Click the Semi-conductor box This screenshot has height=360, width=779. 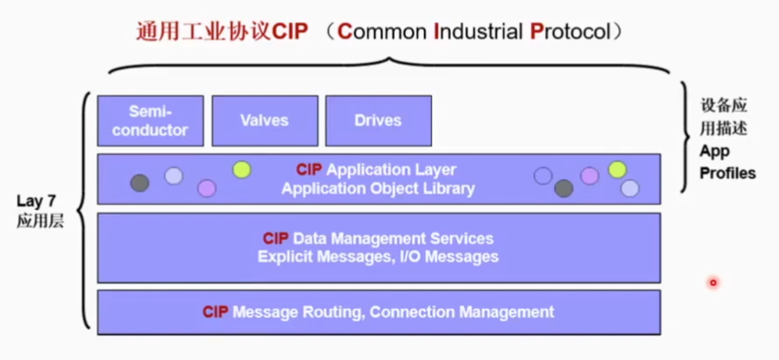pyautogui.click(x=150, y=121)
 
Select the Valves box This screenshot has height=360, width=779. pyautogui.click(x=264, y=121)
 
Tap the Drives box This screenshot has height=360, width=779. pyautogui.click(x=378, y=121)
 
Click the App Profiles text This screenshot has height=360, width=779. pyautogui.click(x=727, y=161)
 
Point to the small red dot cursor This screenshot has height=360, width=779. pyautogui.click(x=713, y=282)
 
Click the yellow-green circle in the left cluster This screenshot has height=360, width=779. pyautogui.click(x=241, y=169)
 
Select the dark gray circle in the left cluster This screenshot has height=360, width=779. pyautogui.click(x=139, y=183)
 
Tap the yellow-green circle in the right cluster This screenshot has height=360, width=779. pyautogui.click(x=618, y=169)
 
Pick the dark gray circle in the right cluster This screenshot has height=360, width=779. pyautogui.click(x=564, y=188)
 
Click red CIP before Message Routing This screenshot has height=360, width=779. pyautogui.click(x=215, y=311)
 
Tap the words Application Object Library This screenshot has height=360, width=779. pyautogui.click(x=378, y=188)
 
